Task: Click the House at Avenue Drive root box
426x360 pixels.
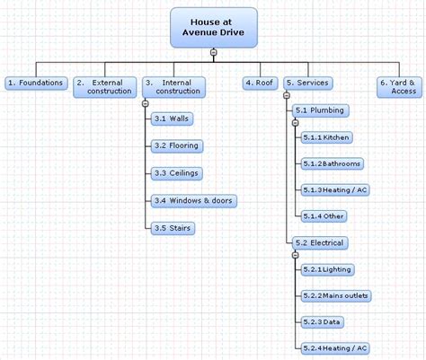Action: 214,28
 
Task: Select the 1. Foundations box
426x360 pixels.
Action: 36,83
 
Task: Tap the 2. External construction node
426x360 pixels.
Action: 105,87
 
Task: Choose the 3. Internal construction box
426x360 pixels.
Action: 173,87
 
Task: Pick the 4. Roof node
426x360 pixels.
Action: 260,83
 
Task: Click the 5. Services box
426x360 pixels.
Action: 308,83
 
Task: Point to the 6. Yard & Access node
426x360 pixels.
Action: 399,87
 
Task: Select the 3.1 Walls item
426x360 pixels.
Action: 172,119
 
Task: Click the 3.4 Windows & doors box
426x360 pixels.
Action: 194,201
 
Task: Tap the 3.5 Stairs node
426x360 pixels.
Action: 173,228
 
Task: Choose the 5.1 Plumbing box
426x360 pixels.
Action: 321,110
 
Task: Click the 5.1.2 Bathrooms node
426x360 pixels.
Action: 333,163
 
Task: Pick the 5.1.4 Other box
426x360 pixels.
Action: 324,216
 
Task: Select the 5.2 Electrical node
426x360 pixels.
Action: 320,242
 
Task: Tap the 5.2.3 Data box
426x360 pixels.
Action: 322,322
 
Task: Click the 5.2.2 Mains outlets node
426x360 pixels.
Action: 336,295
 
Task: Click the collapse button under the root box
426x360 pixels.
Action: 213,52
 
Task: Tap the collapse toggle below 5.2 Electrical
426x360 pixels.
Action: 296,255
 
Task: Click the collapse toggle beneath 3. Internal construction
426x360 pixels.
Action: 146,104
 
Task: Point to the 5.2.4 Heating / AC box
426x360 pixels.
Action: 335,348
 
